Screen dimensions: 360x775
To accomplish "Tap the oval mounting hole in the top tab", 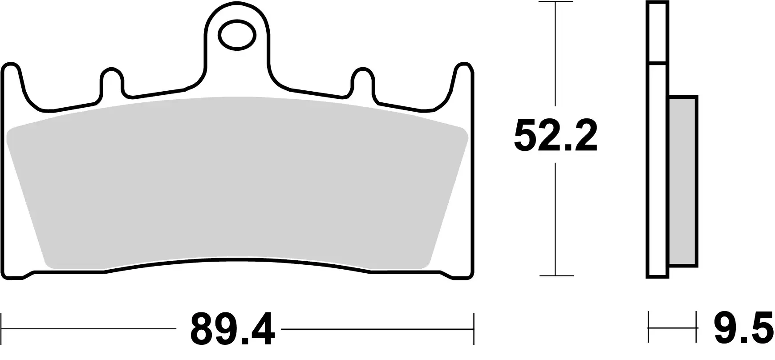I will tap(237, 34).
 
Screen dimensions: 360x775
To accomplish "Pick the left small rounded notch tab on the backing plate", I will tap(111, 82).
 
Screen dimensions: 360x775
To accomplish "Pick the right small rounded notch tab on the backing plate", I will tap(363, 82).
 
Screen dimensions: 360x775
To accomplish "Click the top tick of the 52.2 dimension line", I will tap(555, 2).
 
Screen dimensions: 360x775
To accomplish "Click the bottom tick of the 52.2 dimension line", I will tap(555, 275).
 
